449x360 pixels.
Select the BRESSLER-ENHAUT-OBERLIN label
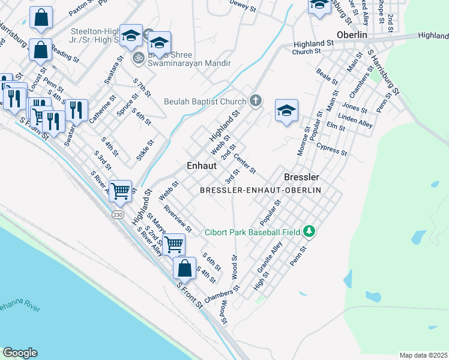tap(261, 190)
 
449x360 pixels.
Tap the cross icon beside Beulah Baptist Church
tap(256, 100)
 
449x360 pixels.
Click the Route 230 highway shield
tap(117, 214)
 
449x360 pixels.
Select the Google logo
tap(20, 353)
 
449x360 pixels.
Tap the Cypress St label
tap(332, 149)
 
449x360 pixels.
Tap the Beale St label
tap(327, 78)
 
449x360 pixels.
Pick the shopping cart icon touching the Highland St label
tap(121, 191)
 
